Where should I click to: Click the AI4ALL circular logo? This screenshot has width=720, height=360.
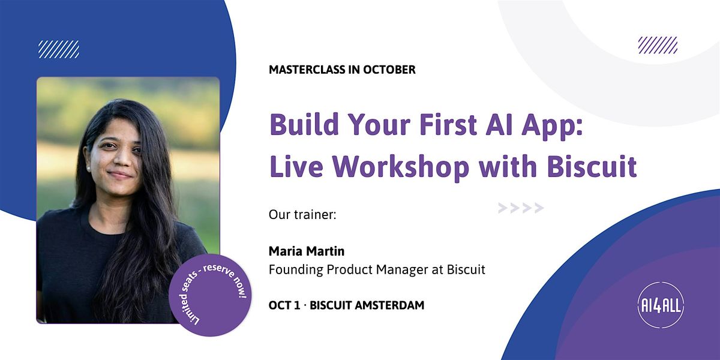661,305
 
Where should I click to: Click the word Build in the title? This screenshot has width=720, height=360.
304,124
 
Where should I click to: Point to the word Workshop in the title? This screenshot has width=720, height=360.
401,167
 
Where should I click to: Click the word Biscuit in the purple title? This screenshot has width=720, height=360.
592,167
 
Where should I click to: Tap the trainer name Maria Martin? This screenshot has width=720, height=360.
307,251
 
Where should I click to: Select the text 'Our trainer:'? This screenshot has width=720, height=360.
302,214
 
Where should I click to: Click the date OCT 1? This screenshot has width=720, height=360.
284,305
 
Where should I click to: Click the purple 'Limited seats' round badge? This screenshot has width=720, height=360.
210,295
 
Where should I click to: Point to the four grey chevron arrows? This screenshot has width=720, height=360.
521,208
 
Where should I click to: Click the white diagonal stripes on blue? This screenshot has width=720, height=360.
59,49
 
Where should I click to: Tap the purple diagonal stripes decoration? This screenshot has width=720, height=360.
658,45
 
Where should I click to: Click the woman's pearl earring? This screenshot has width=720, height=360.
88,168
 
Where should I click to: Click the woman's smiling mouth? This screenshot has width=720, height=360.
119,175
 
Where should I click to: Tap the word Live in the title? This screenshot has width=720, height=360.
296,167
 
